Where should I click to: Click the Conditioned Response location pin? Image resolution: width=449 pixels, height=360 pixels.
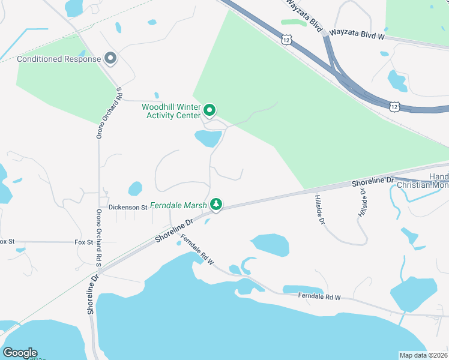pos(110,58)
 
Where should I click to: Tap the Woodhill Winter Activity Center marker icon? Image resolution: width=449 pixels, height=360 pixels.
pos(209,110)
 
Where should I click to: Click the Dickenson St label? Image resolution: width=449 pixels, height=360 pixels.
pos(128,207)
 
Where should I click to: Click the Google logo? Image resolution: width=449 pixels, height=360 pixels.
pos(20,353)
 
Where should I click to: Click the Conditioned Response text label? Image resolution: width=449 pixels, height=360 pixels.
pos(59,59)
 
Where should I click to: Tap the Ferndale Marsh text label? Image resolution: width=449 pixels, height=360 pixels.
pos(178,205)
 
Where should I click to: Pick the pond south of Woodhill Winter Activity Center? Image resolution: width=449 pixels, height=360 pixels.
pos(208,139)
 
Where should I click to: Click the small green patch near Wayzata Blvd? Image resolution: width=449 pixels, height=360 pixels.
pos(293,23)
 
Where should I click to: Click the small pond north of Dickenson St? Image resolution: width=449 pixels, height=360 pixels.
pos(136,188)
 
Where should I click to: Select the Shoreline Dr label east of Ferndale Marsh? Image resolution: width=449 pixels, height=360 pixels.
pos(373,180)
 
